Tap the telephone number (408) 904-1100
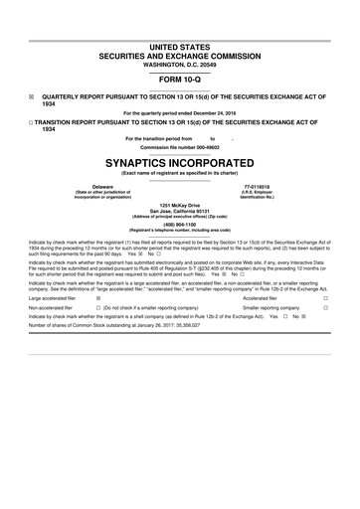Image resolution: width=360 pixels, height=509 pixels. coord(179,224)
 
